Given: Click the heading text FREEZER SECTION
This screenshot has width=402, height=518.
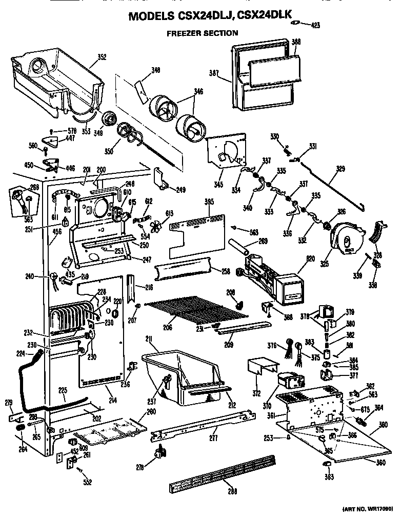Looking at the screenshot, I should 202,33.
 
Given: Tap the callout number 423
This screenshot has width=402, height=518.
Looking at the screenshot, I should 315,24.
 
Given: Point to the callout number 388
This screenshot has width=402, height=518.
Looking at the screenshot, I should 296,42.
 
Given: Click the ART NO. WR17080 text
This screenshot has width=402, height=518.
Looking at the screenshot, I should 367,509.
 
